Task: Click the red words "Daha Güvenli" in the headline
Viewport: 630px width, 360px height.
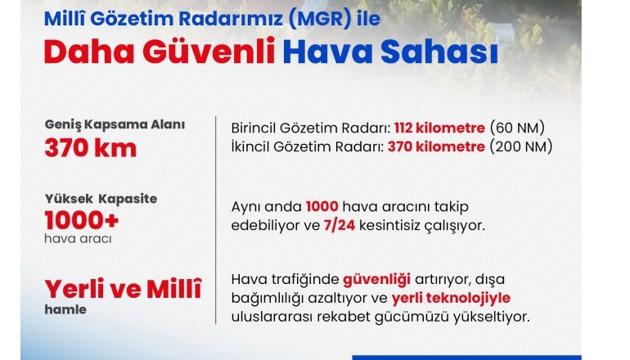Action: tap(160, 51)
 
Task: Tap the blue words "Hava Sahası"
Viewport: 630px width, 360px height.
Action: tap(390, 51)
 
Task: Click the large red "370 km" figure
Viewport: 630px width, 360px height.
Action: tap(91, 147)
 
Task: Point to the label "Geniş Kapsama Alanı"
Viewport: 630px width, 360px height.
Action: tap(115, 124)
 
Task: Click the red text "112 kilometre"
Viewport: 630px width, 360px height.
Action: tap(439, 128)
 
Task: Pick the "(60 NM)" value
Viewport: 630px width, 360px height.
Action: tap(517, 128)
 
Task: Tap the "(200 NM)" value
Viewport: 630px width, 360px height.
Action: tap(521, 146)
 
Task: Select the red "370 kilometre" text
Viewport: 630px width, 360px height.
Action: tap(436, 146)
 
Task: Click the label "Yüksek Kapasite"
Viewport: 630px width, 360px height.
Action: tap(101, 199)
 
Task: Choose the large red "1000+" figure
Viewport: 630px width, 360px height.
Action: tap(82, 221)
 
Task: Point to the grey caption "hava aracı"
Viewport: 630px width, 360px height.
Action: tap(78, 239)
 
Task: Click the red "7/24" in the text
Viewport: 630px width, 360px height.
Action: tap(340, 225)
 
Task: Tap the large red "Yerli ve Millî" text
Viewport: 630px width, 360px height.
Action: tap(123, 289)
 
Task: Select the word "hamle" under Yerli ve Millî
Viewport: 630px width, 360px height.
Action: tap(65, 310)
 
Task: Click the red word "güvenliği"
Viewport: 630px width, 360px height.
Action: tap(376, 280)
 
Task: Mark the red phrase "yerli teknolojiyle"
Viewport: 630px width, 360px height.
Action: tap(451, 299)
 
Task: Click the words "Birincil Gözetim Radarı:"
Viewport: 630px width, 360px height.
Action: tap(311, 128)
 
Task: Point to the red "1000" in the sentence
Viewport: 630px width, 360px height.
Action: tap(322, 207)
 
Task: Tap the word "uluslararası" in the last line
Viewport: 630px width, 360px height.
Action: tap(272, 317)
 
